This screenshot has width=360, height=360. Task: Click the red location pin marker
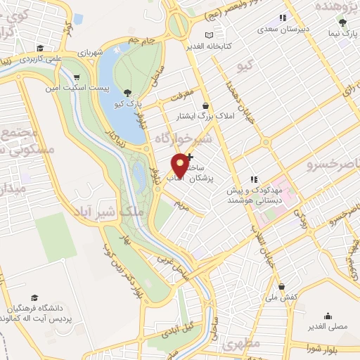(x=181, y=165)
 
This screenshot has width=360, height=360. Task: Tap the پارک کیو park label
(x=129, y=103)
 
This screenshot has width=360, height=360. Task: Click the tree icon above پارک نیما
(x=342, y=22)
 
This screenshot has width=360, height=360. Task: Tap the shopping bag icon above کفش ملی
(x=281, y=286)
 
